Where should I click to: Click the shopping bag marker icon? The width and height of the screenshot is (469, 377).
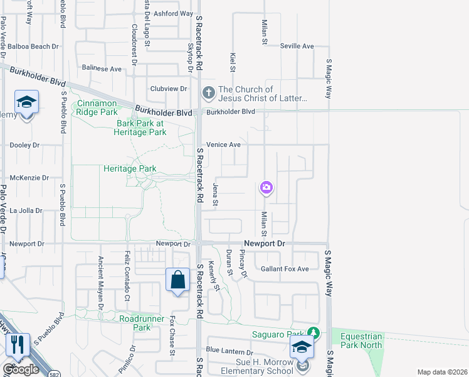178,279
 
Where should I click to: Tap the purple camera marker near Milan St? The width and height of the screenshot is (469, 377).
266,187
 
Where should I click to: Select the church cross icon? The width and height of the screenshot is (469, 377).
208,94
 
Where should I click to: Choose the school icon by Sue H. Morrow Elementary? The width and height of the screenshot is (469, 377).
302,347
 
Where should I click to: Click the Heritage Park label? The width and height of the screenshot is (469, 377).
129,168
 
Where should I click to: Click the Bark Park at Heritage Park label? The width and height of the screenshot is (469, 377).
140,128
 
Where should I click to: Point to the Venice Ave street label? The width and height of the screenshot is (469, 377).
226,145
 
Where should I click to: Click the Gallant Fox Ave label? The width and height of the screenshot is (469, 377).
285,269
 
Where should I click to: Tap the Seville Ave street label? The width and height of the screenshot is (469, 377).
297,46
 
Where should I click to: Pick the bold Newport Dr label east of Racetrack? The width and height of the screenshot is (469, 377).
264,243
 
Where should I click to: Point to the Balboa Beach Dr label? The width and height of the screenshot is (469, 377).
34,46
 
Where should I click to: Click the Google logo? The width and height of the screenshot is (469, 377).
21,369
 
